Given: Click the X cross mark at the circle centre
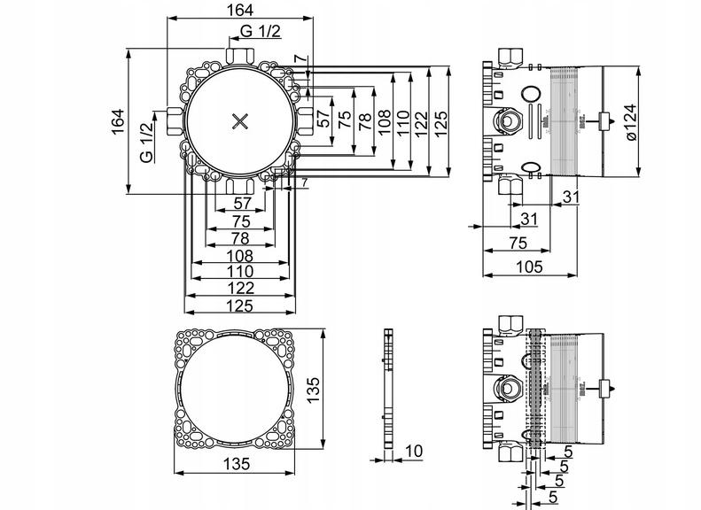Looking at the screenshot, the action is coord(240,121).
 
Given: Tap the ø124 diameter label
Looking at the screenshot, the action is coord(630,122).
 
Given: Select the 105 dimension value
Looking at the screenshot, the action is coord(529,267).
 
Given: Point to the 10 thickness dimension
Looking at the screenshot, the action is coord(414,451).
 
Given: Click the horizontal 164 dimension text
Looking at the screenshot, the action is coord(240,10).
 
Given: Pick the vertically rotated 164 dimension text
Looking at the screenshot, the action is coord(118,121).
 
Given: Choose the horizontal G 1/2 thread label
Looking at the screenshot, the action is coord(261,31).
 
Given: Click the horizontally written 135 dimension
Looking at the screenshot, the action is coord(237,464).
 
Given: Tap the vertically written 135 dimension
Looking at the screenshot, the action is coord(314,390).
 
